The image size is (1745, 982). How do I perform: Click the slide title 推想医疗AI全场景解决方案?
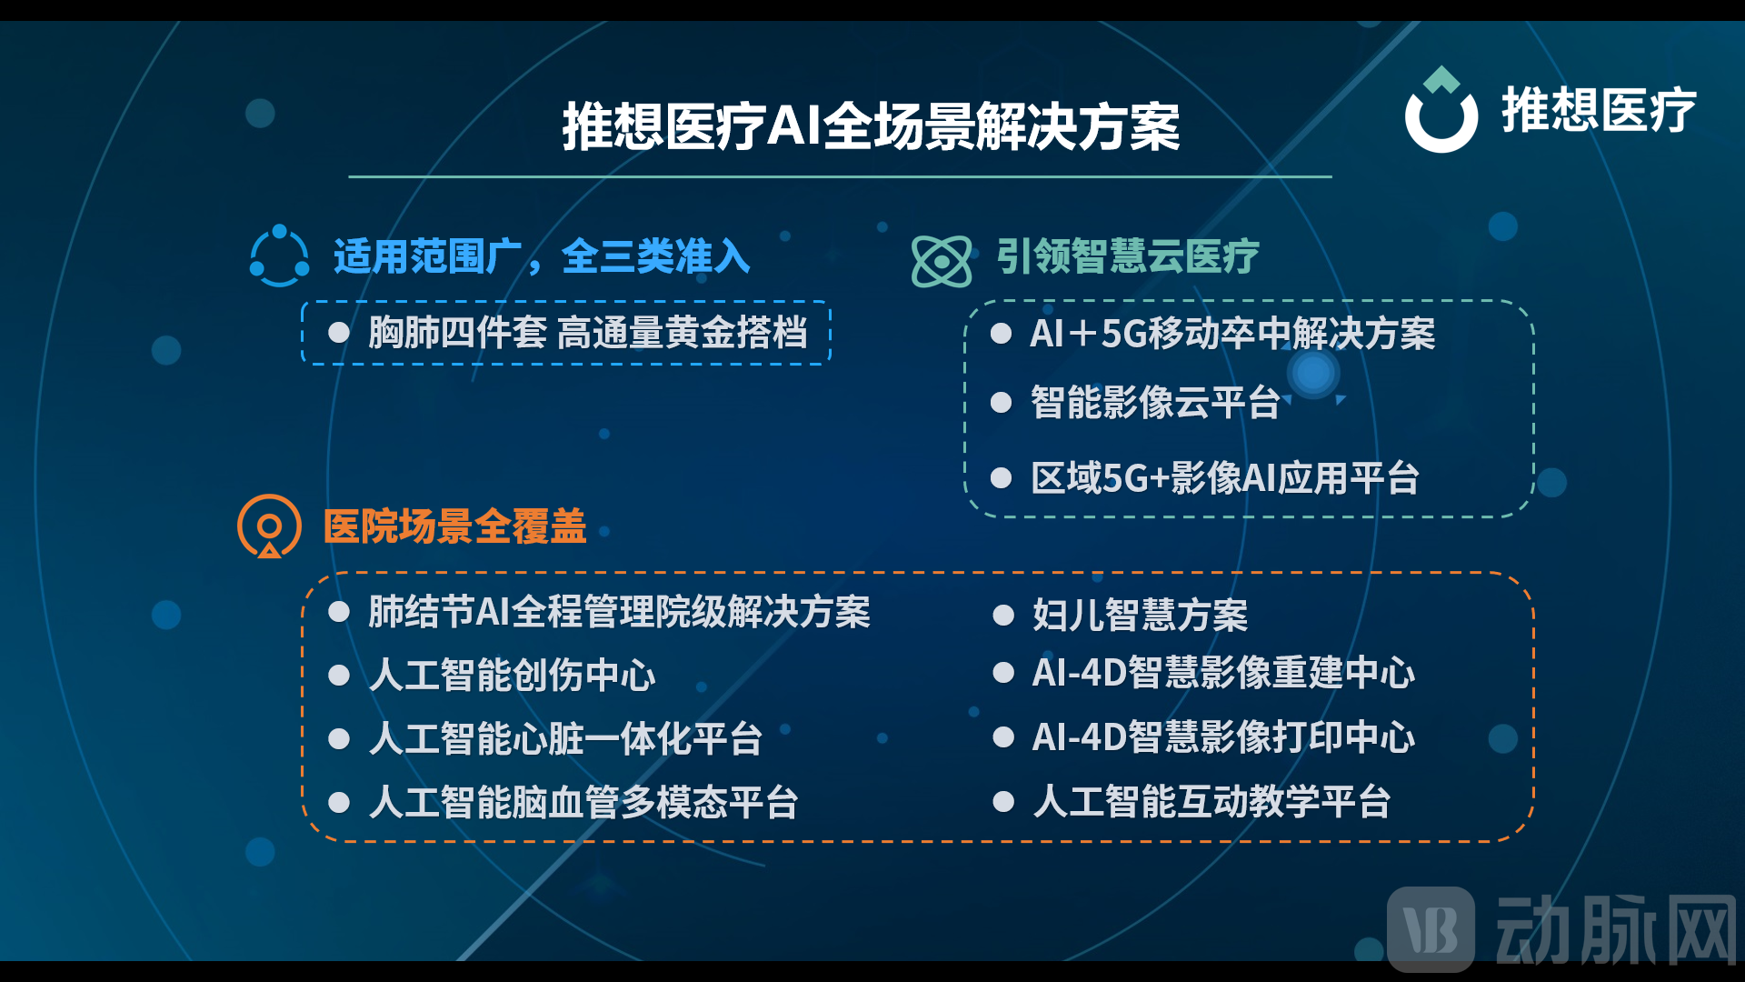871,126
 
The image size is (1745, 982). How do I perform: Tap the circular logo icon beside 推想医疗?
1441,111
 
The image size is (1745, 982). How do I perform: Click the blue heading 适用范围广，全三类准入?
542,256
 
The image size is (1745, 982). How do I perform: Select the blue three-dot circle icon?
279,256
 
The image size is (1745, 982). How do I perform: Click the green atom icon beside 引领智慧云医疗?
942,261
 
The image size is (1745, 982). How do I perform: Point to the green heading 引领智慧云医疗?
1128,256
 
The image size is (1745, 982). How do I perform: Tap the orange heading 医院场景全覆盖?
455,526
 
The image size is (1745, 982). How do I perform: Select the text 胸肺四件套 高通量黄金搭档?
588,333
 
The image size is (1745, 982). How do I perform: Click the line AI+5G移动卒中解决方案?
1232,334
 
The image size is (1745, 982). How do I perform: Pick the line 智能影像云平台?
1155,403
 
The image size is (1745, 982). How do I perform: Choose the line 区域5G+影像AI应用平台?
1225,478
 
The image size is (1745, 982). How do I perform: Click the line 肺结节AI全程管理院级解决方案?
619,612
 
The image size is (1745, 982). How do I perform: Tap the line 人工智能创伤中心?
512,676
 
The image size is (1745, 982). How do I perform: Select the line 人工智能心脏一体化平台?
565,739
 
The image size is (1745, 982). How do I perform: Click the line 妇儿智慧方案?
1140,616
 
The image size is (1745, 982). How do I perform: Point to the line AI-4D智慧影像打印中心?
1223,737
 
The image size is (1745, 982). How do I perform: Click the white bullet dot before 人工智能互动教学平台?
1003,801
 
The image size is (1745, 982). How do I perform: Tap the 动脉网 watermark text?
1616,929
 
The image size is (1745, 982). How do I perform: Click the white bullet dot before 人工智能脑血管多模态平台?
339,802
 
